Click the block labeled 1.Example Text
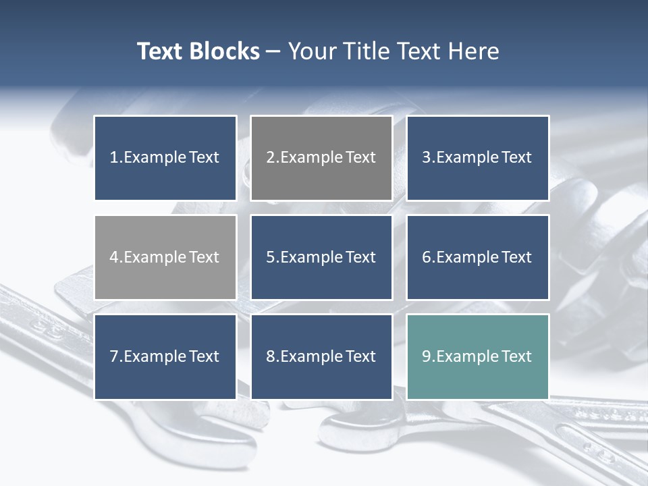pos(165,158)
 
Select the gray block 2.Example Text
pos(321,158)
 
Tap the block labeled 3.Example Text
pos(477,158)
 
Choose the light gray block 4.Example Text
pos(165,257)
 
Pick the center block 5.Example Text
pos(321,257)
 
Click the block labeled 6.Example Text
pos(477,257)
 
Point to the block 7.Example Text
pos(165,356)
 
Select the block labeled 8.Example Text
pos(321,356)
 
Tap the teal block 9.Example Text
pos(477,356)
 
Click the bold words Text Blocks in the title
pos(198,51)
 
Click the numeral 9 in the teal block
pos(427,356)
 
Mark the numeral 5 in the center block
pos(271,257)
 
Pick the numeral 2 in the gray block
pos(271,158)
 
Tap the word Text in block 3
pos(517,158)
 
